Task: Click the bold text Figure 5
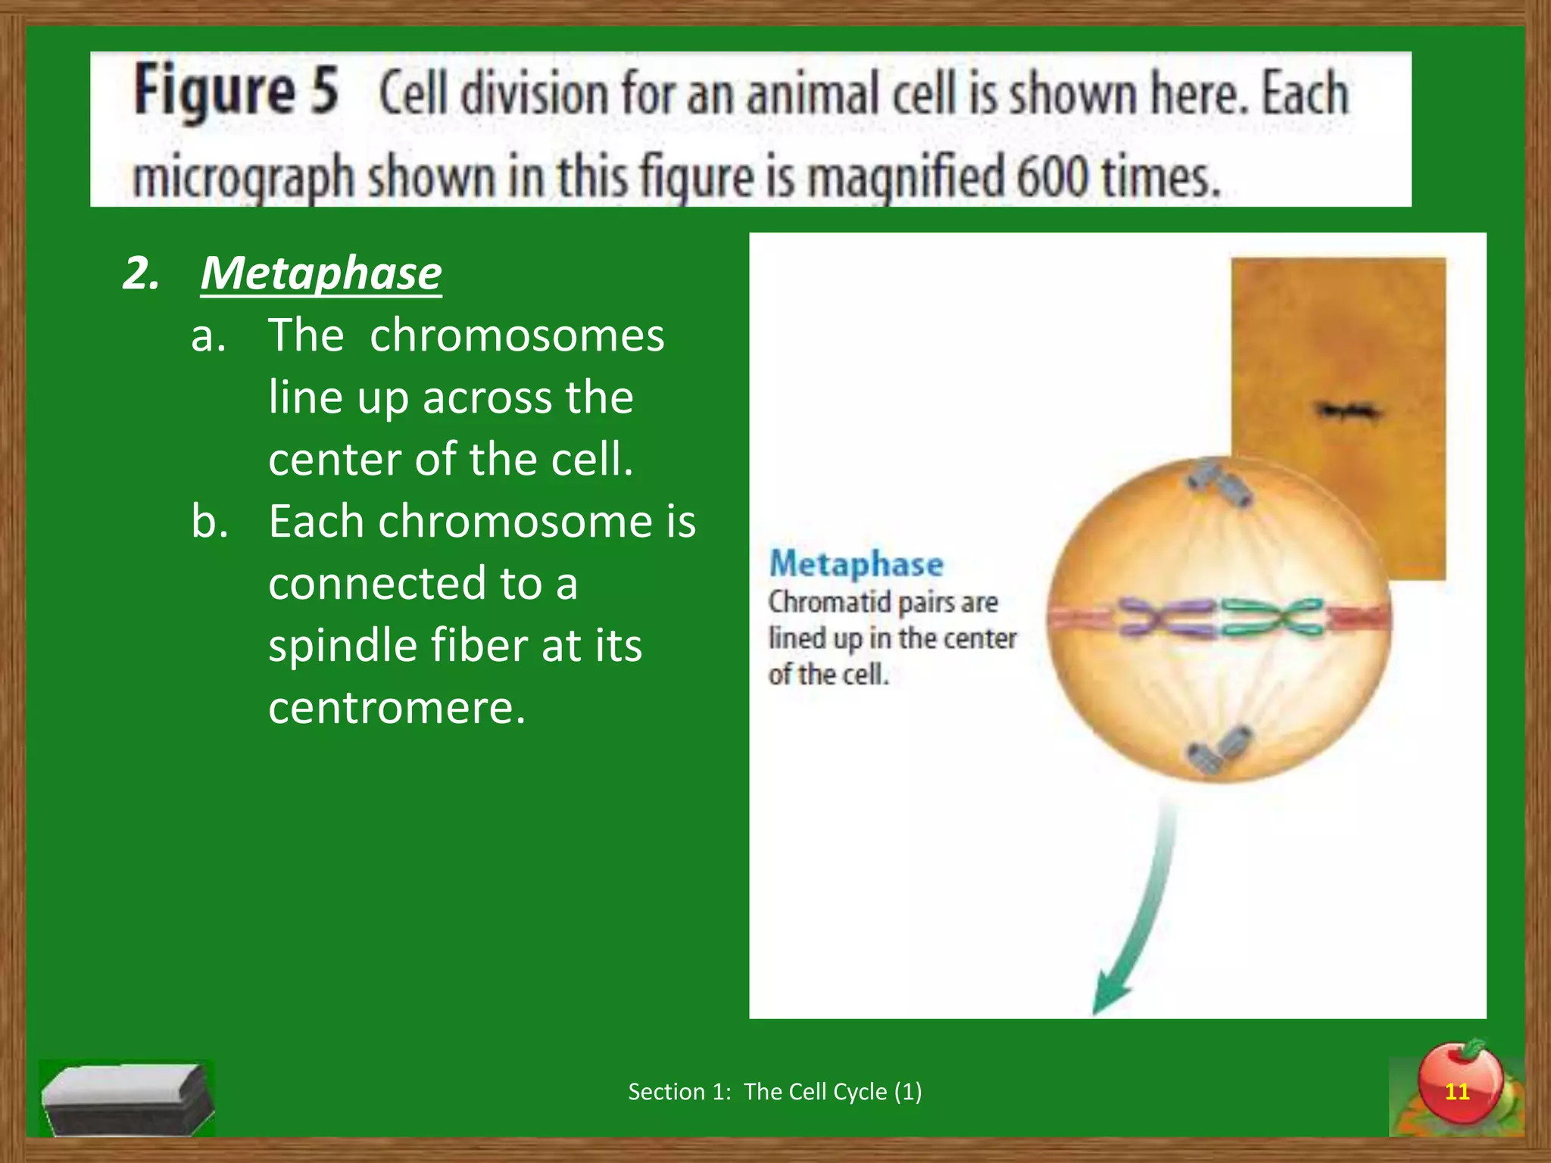[236, 92]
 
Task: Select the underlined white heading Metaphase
[321, 273]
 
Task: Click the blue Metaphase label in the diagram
[856, 564]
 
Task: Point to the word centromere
[396, 708]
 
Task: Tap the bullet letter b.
[210, 522]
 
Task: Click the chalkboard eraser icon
[126, 1097]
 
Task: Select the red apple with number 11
[1459, 1083]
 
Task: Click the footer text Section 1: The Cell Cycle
[775, 1091]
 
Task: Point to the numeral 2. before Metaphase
[142, 273]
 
